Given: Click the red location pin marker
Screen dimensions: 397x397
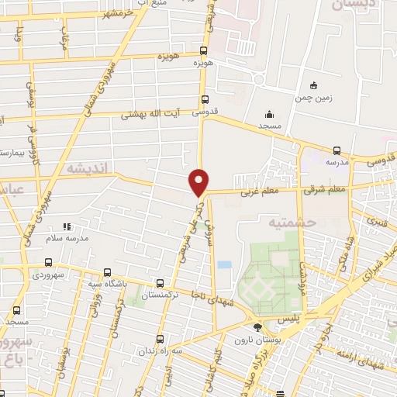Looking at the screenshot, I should pos(199,181).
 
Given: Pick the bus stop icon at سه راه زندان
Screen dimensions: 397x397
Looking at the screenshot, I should pos(160,338).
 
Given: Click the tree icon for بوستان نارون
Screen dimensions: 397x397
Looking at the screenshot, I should pos(257,326).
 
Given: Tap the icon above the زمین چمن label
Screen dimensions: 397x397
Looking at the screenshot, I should pos(313,85).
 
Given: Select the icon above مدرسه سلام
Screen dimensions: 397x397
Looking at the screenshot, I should pos(67,226).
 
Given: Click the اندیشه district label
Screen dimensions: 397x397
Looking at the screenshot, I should pos(90,168).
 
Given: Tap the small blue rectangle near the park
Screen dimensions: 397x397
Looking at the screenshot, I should pos(224,264).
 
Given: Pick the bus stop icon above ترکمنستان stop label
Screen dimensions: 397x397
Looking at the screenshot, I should pos(160,284).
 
